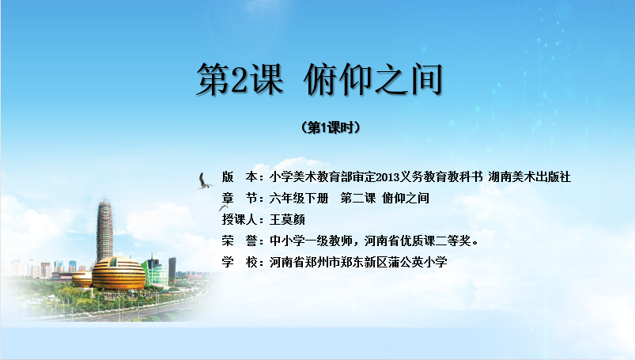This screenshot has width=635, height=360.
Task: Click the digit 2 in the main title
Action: click(x=239, y=79)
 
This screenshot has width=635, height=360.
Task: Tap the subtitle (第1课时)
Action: click(x=331, y=127)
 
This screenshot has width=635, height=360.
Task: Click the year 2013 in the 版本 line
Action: click(x=387, y=177)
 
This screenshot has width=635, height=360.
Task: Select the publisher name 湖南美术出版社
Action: click(x=529, y=177)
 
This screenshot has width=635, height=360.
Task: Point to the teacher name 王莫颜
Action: click(x=287, y=220)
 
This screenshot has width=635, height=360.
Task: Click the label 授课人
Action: click(x=240, y=220)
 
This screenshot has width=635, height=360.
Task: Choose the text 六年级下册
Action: click(x=299, y=199)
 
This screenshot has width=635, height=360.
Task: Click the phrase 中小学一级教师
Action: click(x=311, y=241)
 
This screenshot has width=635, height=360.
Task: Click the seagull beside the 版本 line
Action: click(x=205, y=181)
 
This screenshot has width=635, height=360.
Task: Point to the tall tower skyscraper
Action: click(x=104, y=230)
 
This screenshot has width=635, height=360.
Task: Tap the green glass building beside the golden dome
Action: click(x=155, y=271)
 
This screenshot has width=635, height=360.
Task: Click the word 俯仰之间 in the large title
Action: click(x=372, y=79)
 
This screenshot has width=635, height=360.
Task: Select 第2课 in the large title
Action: click(x=240, y=79)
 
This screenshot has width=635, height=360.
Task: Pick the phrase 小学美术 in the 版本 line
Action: click(x=293, y=177)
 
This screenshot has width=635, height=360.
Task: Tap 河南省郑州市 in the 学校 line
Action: click(x=305, y=263)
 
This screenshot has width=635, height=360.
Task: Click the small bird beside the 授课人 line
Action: click(x=223, y=208)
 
